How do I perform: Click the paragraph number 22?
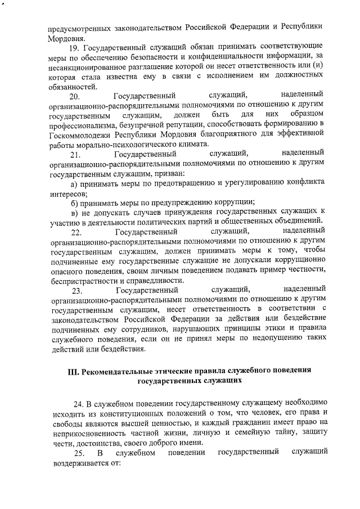75,232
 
